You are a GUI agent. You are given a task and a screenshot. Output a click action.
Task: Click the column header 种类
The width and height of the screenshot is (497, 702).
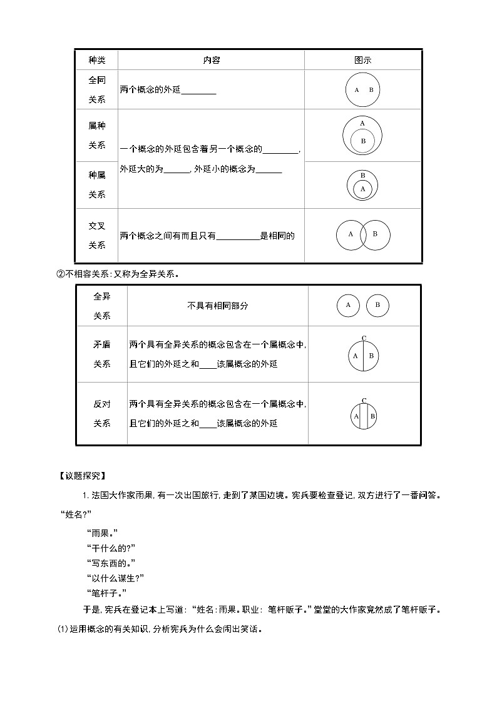click(x=96, y=61)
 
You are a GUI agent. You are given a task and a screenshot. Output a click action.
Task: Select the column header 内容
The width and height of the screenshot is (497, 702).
click(x=211, y=61)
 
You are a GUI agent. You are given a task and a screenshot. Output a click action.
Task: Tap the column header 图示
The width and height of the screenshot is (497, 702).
click(x=363, y=61)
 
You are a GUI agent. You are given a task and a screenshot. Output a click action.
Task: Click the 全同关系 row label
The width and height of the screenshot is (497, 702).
click(x=96, y=89)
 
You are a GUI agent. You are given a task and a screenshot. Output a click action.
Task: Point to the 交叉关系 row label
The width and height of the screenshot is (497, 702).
click(x=96, y=235)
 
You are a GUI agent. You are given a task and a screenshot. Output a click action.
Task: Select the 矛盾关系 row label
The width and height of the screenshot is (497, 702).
click(x=101, y=354)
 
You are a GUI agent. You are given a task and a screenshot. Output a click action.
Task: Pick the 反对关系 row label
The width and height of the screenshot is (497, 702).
click(x=101, y=413)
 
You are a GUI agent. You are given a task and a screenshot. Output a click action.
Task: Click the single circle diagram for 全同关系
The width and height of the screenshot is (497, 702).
click(x=363, y=90)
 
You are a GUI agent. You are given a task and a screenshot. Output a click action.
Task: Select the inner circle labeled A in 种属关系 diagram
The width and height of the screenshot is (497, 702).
click(x=363, y=188)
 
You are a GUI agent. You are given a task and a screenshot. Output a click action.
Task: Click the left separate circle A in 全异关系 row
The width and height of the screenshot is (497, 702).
click(x=348, y=306)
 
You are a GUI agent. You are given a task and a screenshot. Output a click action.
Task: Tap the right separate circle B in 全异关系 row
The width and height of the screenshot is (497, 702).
click(x=377, y=306)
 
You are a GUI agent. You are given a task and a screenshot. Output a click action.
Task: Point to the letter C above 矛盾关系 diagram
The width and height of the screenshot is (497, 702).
click(x=364, y=338)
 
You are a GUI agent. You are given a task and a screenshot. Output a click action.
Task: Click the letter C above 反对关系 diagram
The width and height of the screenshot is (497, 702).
click(x=364, y=400)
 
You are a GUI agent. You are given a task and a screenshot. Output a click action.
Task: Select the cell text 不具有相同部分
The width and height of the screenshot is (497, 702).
click(x=217, y=306)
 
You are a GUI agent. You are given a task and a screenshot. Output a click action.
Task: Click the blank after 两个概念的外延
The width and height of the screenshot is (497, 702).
click(x=198, y=90)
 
